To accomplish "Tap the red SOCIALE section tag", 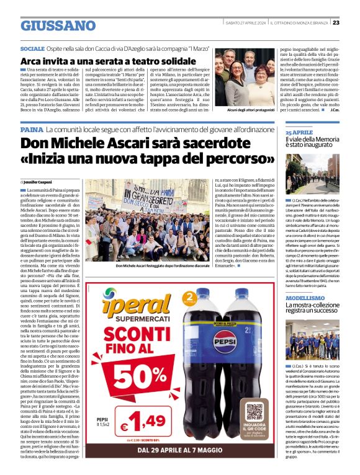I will click(x=32, y=48).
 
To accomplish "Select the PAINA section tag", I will click(x=32, y=131).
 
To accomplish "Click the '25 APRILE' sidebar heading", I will click(x=299, y=133).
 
